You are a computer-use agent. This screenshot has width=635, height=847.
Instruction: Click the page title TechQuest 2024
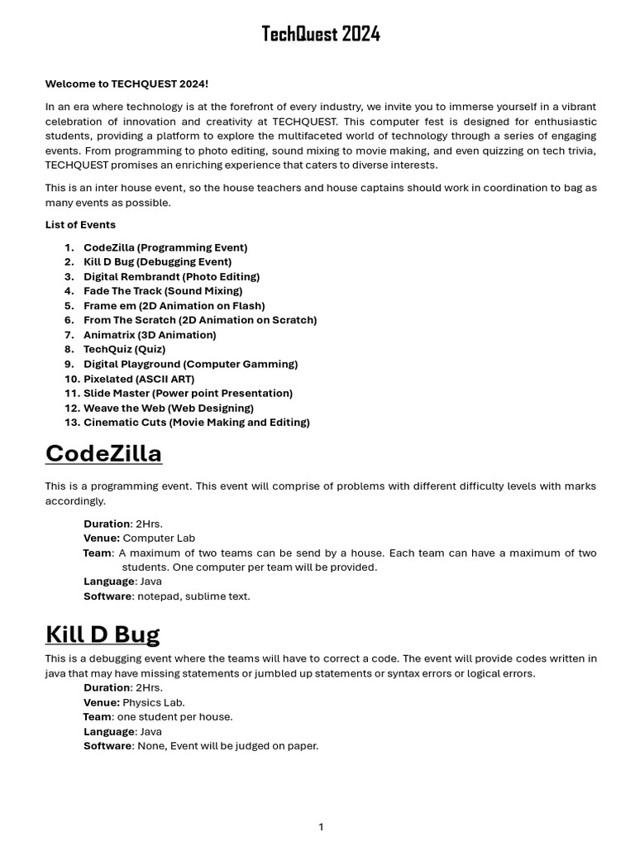[x=321, y=34]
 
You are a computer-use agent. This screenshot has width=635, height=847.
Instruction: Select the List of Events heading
[x=80, y=225]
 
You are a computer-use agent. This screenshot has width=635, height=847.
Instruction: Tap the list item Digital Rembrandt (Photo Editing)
[x=171, y=276]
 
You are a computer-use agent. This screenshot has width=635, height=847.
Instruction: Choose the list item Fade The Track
[x=163, y=291]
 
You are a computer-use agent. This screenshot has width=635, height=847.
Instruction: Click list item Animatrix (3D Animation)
[x=150, y=335]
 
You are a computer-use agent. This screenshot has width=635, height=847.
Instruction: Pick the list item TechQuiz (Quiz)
[x=124, y=349]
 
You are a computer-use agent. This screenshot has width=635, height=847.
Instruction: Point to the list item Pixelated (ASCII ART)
[x=139, y=379]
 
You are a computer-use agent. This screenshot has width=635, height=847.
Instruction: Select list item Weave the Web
[x=169, y=408]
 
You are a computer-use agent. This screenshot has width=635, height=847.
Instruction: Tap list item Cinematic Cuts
[x=197, y=423]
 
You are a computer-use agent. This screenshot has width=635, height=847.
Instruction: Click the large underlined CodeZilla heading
[x=103, y=454]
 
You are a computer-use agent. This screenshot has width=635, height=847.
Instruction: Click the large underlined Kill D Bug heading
[x=103, y=634]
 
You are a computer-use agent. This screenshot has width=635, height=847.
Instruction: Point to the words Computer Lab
[x=159, y=538]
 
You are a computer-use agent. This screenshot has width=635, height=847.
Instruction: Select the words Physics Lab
[x=154, y=702]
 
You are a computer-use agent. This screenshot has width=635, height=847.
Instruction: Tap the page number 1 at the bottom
[x=321, y=827]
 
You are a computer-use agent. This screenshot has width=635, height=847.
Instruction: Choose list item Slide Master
[x=188, y=394]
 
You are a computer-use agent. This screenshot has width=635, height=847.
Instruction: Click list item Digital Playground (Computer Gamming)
[x=190, y=364]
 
